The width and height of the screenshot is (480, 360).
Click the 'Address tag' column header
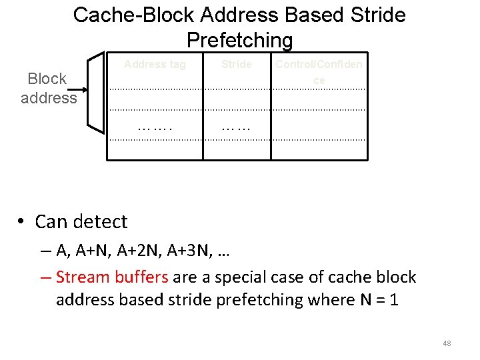point(155,65)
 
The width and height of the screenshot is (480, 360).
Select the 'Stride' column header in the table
point(237,65)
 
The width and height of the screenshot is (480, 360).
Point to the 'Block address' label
point(48,88)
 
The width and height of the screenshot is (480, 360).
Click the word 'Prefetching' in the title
point(239,41)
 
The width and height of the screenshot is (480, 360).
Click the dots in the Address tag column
point(155,125)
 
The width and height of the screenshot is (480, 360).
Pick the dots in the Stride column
point(237,125)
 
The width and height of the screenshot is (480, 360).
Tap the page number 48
point(447,343)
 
